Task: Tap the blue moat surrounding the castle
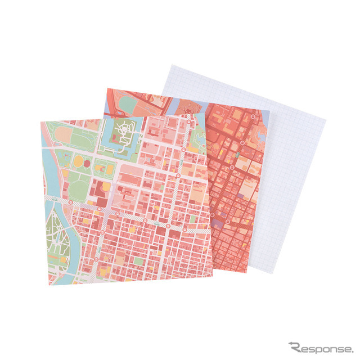click(107, 136)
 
